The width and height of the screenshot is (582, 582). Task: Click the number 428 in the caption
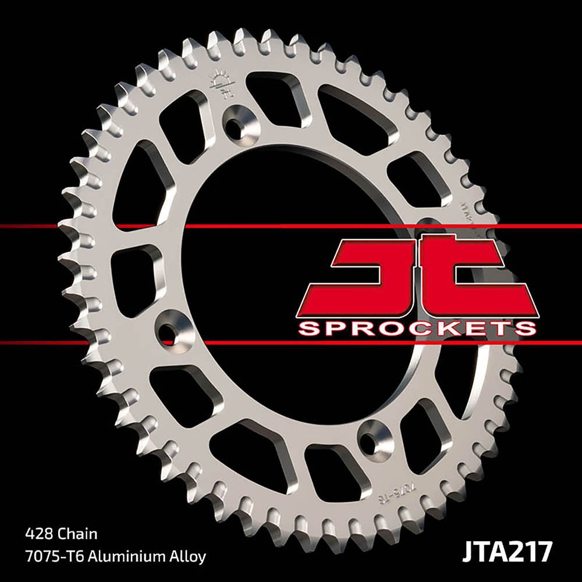(38, 533)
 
